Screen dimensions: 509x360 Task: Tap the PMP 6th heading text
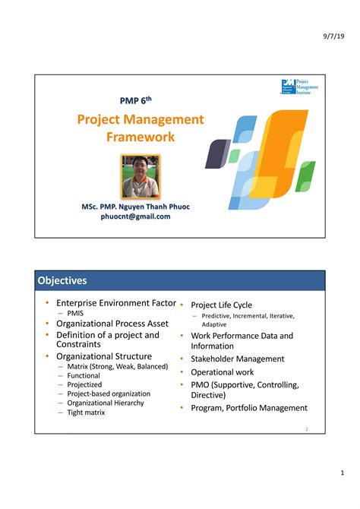(141, 100)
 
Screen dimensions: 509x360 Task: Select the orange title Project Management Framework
(141, 128)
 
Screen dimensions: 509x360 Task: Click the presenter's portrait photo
(141, 176)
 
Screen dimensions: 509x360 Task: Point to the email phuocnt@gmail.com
(136, 217)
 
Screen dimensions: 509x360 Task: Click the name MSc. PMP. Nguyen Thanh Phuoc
(136, 206)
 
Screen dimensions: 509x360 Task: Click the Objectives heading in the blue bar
(62, 280)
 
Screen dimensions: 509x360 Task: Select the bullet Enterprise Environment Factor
(116, 303)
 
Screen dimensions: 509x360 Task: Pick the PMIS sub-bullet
(75, 313)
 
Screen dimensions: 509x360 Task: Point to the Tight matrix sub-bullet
(86, 413)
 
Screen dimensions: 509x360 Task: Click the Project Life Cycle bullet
(221, 305)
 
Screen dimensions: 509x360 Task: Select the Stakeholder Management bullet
(237, 359)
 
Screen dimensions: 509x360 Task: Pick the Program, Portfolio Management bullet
(248, 408)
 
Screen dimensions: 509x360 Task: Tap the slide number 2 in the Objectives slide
(306, 429)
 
